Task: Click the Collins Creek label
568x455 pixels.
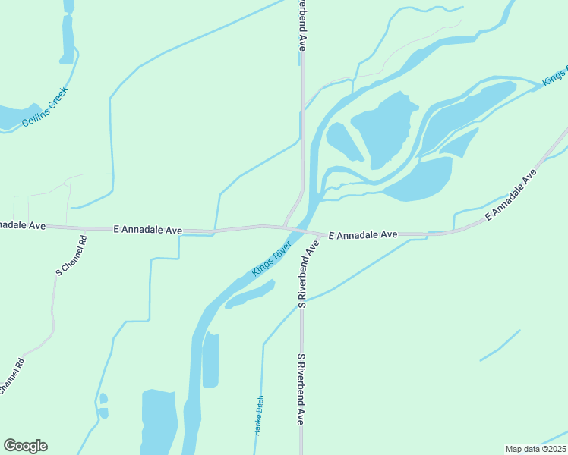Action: point(45,107)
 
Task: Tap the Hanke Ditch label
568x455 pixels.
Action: point(258,416)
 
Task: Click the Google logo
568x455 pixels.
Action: point(25,446)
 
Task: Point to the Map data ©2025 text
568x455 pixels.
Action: point(535,448)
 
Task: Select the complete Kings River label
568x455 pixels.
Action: point(272,259)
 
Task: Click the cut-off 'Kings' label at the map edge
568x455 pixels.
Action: point(555,77)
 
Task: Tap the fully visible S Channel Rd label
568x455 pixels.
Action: point(71,254)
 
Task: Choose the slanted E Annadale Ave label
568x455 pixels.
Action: point(510,195)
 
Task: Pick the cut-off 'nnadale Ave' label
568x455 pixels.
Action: point(24,225)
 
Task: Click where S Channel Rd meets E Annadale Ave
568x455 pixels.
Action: point(84,227)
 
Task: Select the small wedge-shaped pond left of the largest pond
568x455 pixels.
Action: point(343,142)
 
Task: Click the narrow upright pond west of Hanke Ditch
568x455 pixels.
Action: point(210,359)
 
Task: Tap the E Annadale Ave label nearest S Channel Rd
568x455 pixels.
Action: point(148,228)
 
